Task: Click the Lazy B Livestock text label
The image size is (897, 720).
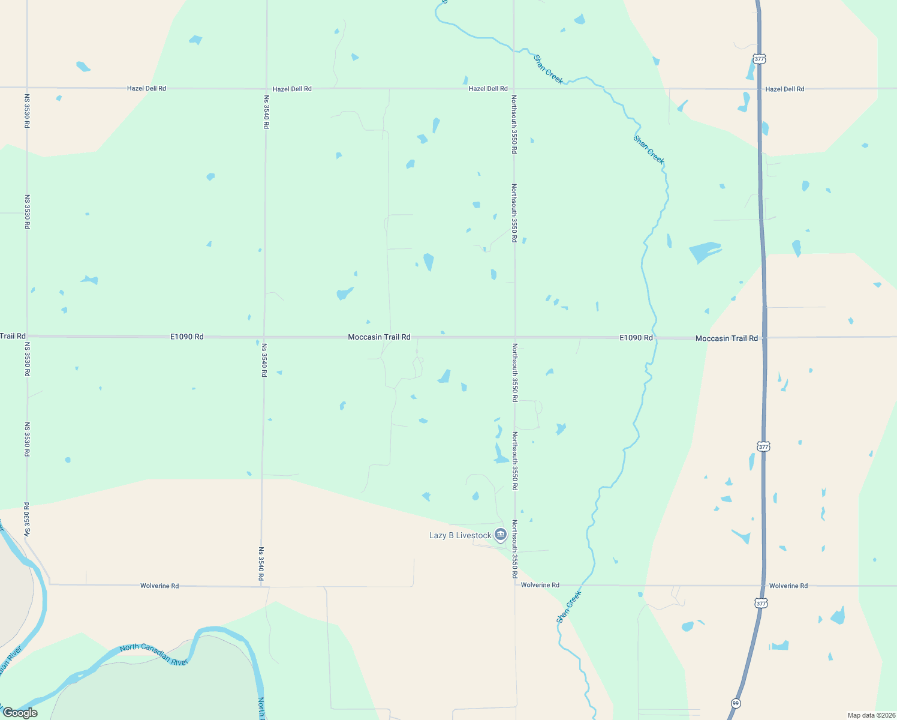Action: (460, 535)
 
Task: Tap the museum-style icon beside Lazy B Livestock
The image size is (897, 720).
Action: (501, 535)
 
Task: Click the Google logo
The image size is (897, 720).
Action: (20, 713)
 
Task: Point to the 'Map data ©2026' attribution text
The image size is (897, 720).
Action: (871, 715)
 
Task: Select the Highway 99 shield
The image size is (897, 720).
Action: (735, 703)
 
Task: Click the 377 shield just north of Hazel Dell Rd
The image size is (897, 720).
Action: (759, 59)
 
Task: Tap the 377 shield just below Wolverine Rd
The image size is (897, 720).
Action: (761, 603)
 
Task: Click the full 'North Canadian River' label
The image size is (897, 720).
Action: (154, 654)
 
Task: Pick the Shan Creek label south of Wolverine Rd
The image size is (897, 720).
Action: (569, 607)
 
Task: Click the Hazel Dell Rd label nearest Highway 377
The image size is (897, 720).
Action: (784, 89)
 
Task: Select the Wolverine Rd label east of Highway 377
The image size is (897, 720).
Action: (788, 586)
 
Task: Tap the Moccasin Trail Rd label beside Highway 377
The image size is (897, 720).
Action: (726, 338)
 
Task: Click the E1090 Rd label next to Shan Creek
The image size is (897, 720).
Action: (636, 338)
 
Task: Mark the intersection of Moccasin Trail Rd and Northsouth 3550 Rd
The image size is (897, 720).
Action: (515, 337)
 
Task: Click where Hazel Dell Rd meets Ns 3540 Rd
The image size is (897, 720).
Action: (266, 88)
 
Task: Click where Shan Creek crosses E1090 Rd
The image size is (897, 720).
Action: (655, 337)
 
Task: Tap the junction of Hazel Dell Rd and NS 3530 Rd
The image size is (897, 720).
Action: (27, 88)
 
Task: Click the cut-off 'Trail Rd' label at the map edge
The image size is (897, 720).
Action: (13, 336)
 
